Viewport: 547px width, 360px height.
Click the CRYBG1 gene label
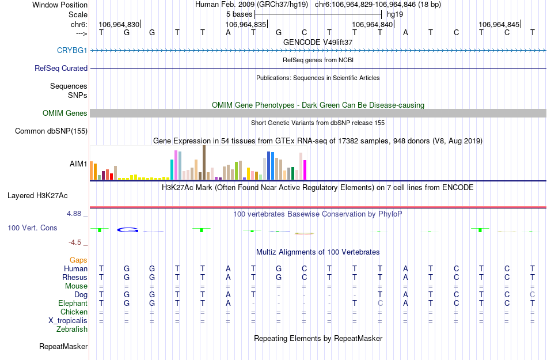[72, 50]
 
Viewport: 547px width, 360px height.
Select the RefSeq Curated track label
[61, 68]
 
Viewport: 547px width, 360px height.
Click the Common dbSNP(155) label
[51, 131]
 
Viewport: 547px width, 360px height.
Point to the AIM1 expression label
[78, 164]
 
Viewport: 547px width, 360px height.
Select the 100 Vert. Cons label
[32, 228]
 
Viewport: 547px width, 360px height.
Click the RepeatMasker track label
[63, 347]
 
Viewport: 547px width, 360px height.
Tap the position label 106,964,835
[246, 25]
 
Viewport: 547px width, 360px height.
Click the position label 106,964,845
[499, 25]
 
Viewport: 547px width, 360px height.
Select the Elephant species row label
[73, 304]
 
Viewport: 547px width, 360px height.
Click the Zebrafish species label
[72, 329]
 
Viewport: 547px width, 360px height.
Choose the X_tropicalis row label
[68, 321]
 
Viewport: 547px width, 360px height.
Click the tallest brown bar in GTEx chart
[204, 162]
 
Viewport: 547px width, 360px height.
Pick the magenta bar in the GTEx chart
[305, 169]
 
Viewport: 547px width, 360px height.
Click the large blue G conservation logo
[128, 230]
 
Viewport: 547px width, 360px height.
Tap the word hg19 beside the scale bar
[395, 13]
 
